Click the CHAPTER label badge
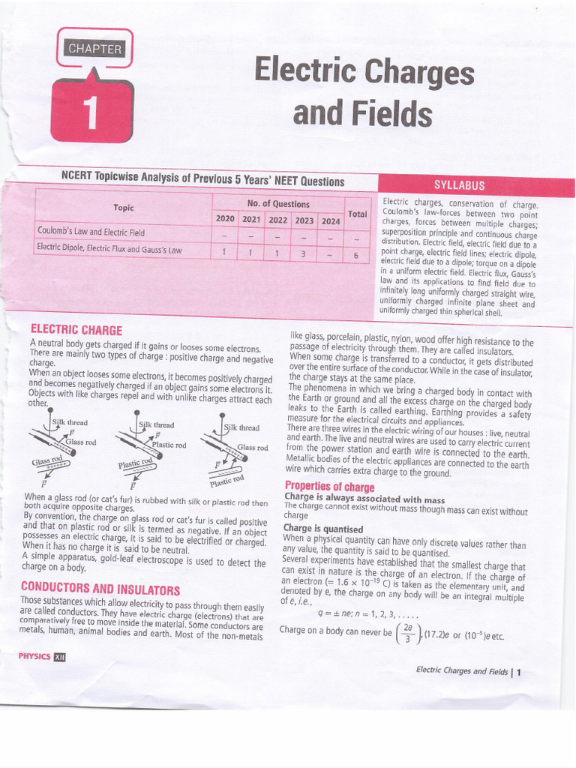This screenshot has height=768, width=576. coord(94,49)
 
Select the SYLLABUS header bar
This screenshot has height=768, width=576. coord(459,185)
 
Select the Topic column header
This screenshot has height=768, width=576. coord(123,207)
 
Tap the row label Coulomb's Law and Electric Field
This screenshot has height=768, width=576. coord(91,232)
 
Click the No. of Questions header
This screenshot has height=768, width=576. coord(277,203)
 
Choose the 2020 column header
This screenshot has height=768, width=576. coord(224,217)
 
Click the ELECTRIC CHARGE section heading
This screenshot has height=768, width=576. coord(76,329)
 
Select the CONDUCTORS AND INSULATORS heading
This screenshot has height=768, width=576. coord(100,589)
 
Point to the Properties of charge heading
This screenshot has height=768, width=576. coord(329,487)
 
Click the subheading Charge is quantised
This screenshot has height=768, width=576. coord(322,529)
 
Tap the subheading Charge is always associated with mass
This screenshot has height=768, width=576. coord(364,499)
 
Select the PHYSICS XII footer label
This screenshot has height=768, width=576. coord(42,657)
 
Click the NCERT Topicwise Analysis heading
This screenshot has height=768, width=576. coord(202,180)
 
